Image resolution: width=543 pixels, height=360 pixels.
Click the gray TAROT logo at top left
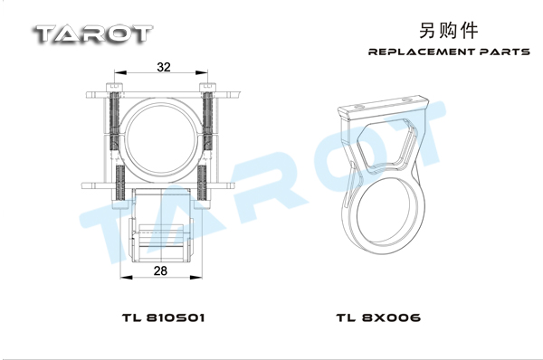[93, 34]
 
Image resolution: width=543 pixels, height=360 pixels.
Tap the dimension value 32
[164, 67]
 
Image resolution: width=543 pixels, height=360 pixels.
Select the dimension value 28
[160, 270]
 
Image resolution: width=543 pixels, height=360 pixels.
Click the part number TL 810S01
[163, 317]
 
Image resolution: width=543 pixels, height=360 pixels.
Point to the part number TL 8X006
[378, 317]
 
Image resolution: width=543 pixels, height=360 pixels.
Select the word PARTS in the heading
[505, 52]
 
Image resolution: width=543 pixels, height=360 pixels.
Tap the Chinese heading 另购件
[449, 31]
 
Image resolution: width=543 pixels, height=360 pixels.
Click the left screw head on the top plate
[115, 87]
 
